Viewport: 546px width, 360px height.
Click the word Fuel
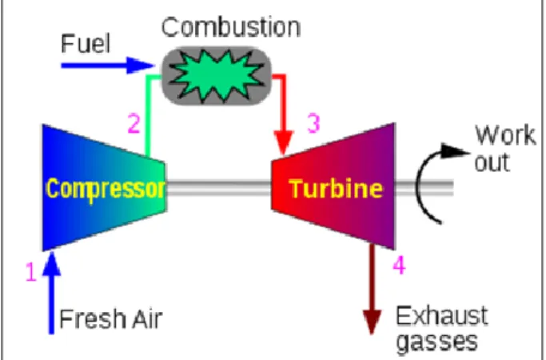click(86, 43)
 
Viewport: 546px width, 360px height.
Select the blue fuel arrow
click(108, 65)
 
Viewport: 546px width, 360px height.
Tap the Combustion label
click(231, 27)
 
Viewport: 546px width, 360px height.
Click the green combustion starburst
click(217, 76)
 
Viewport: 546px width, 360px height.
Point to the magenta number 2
click(134, 123)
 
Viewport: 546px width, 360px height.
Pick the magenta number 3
click(313, 123)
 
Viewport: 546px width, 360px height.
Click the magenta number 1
click(31, 271)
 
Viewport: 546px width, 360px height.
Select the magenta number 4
click(399, 265)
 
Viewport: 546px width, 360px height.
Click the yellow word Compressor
click(106, 189)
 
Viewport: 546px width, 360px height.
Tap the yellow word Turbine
click(337, 189)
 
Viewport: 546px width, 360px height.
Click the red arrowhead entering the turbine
click(284, 142)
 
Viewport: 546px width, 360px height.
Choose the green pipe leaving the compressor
click(148, 115)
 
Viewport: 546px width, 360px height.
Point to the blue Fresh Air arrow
click(51, 292)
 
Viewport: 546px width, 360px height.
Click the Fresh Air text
click(111, 318)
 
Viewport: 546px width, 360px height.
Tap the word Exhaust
click(442, 316)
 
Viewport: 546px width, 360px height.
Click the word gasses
click(437, 342)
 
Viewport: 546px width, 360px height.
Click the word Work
click(505, 135)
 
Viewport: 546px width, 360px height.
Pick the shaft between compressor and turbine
click(219, 187)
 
